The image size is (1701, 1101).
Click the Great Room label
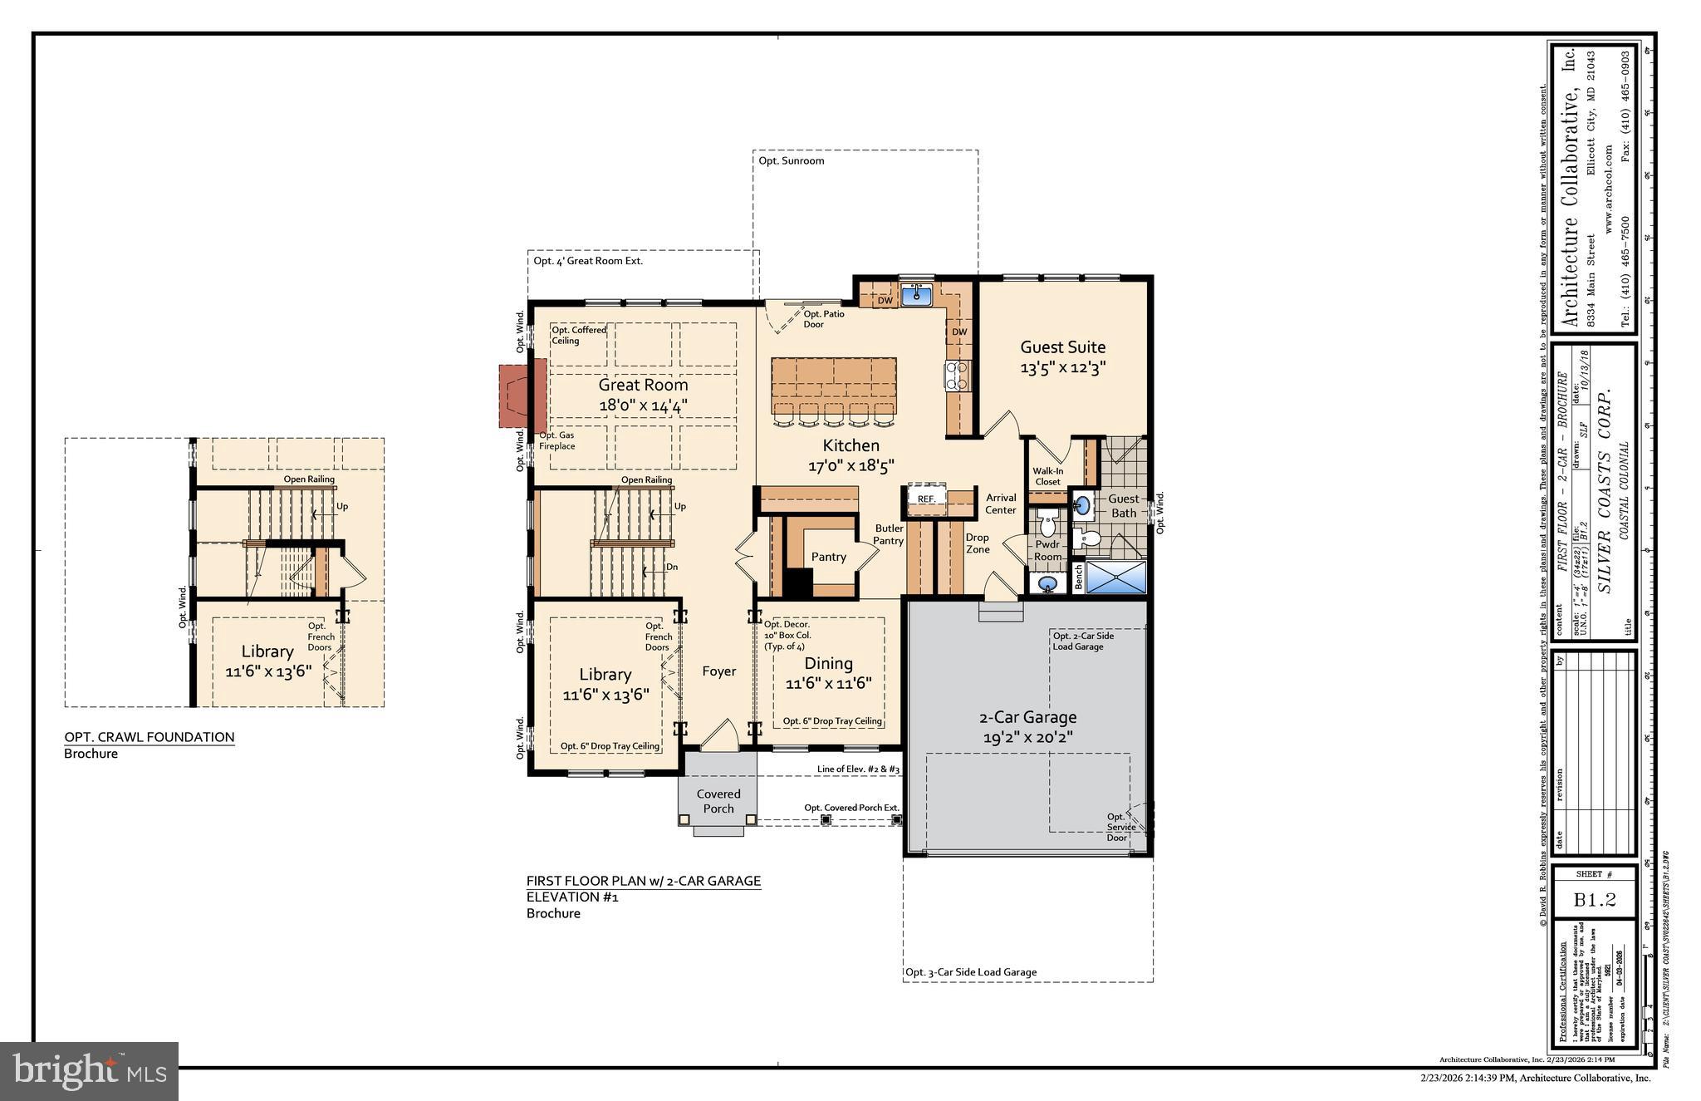point(643,385)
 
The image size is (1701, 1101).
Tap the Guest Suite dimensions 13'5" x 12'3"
point(1062,368)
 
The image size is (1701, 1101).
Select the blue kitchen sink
point(917,294)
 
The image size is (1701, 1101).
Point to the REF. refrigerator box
point(926,498)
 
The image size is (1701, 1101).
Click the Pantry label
point(828,557)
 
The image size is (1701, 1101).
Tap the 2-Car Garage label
point(1027,716)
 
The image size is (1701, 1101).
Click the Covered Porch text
point(718,801)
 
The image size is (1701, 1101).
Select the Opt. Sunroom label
point(791,160)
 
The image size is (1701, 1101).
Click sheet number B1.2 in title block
point(1594,900)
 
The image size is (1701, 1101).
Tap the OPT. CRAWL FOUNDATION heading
point(150,737)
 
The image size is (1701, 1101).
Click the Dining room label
point(828,663)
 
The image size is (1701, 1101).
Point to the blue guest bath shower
point(1115,578)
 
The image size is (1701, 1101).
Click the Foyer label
point(718,671)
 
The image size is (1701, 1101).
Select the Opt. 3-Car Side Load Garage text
point(970,972)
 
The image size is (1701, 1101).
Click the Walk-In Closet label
point(1047,476)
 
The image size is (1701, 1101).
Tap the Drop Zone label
point(977,543)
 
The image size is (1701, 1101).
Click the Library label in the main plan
point(605,675)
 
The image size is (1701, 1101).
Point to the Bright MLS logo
point(89,1071)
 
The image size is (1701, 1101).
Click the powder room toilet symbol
point(1047,525)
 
